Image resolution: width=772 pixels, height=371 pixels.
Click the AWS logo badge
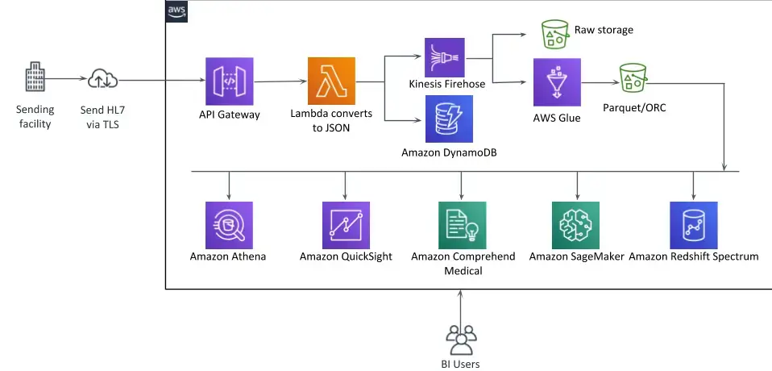pos(176,10)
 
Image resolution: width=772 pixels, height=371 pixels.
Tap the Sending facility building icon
pos(34,79)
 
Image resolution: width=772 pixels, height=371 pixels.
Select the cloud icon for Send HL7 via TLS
pos(104,79)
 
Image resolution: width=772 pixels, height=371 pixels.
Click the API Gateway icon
pos(230,81)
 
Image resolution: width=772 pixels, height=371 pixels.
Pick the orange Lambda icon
pos(331,81)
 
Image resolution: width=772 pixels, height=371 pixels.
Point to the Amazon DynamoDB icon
pos(449,119)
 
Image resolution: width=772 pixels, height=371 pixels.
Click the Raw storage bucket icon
pos(555,32)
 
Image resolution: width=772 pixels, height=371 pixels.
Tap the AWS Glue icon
pos(557,81)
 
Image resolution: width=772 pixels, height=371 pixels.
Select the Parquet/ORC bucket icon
pos(633,78)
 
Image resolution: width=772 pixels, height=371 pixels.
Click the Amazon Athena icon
pos(230,225)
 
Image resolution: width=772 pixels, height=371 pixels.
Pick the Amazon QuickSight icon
pos(346,225)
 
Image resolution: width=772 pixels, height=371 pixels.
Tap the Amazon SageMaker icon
pos(576,225)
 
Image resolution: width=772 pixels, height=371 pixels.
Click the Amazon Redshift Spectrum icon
pos(693,225)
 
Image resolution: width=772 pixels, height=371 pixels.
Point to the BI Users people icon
pos(461,339)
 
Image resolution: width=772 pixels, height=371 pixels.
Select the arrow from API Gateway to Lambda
pos(280,81)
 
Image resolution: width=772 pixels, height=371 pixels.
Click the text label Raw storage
pos(604,30)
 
